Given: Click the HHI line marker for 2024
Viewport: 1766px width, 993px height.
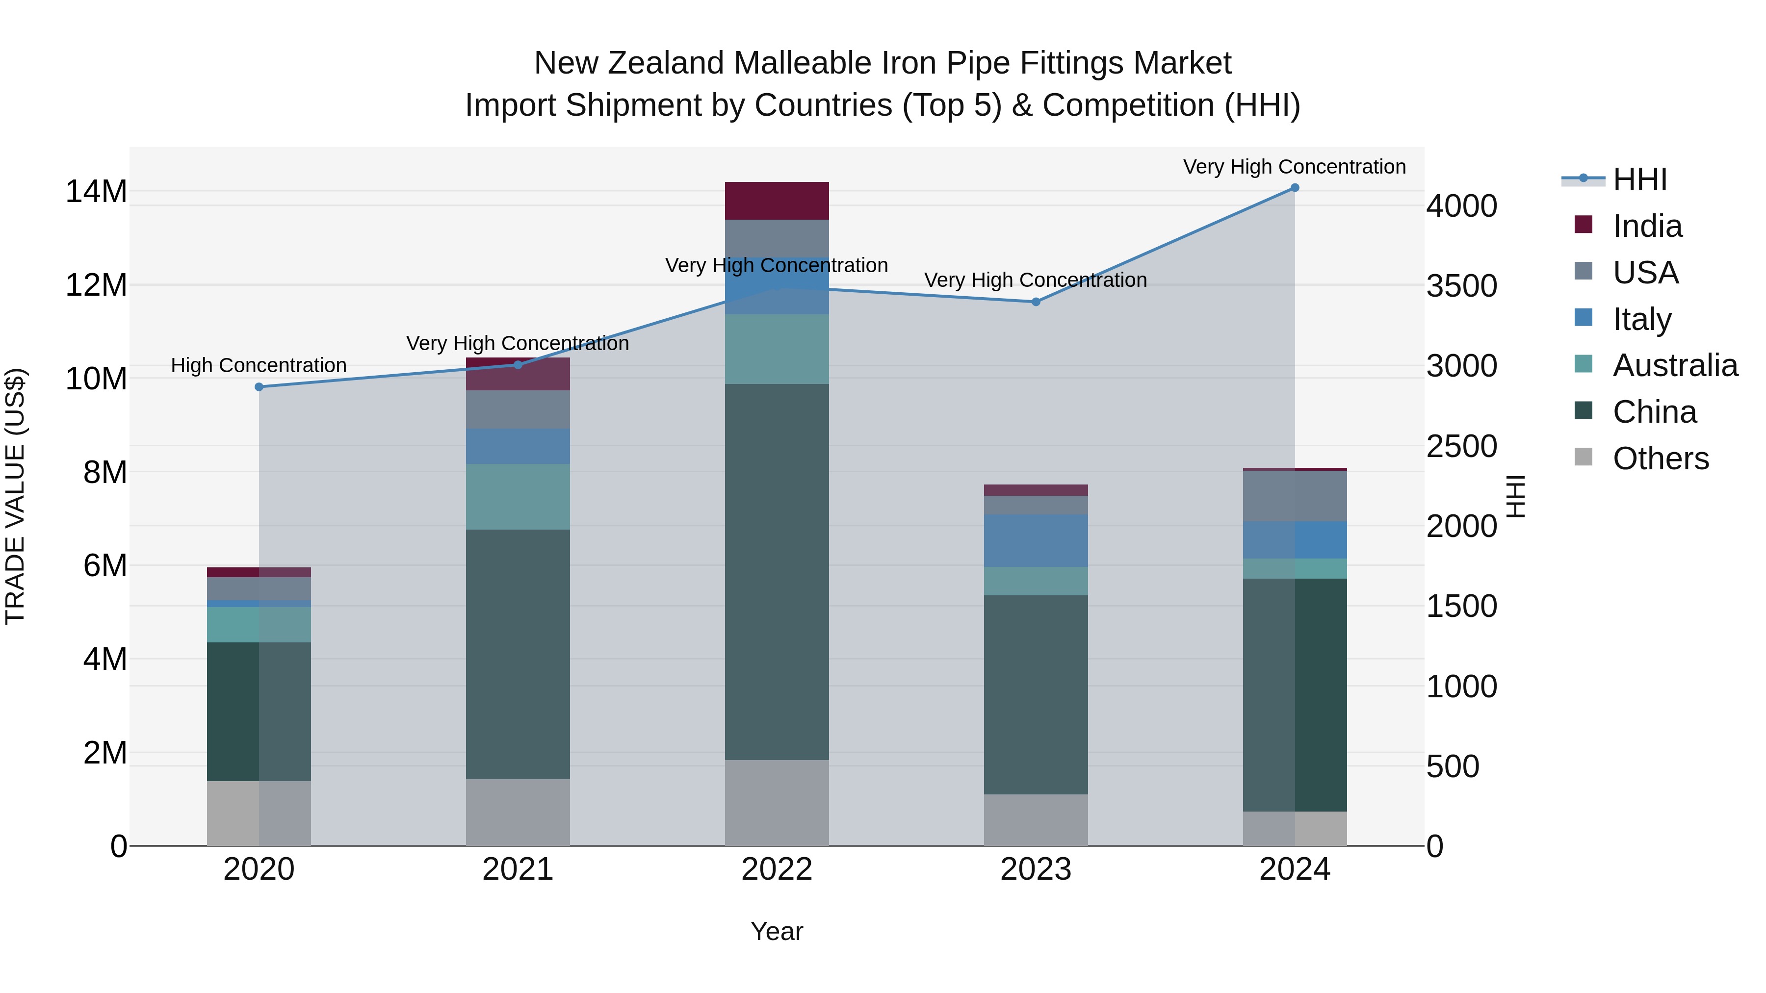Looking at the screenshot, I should coord(1295,188).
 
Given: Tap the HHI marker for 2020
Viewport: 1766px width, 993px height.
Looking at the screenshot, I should coord(259,387).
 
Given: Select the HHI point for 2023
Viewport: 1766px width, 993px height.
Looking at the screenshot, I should coord(1036,302).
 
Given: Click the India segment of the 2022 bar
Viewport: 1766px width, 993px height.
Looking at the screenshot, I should coord(777,201).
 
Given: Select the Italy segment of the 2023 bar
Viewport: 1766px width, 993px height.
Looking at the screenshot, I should coord(1036,541).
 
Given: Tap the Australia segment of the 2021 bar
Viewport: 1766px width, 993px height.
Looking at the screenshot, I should coord(518,496).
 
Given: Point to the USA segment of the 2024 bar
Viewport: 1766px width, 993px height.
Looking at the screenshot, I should coord(1295,496).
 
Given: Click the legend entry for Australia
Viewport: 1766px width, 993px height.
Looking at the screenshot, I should coord(1675,365).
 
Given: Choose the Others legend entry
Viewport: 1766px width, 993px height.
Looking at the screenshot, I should coord(1661,458).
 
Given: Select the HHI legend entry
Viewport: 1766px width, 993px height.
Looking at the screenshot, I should coord(1639,179).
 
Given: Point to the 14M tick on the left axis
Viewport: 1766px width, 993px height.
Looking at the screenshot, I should coord(96,191).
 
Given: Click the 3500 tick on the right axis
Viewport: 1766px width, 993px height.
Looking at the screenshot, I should coord(1462,286).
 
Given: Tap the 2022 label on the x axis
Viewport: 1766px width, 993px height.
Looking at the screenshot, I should coord(777,869).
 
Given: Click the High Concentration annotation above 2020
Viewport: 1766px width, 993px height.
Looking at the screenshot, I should coord(259,365).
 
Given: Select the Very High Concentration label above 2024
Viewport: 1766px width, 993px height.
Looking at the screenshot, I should coord(1295,167).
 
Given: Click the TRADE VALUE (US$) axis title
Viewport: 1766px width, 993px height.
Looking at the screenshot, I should coord(15,496).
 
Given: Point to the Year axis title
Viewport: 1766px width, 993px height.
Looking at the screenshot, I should coord(777,931).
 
